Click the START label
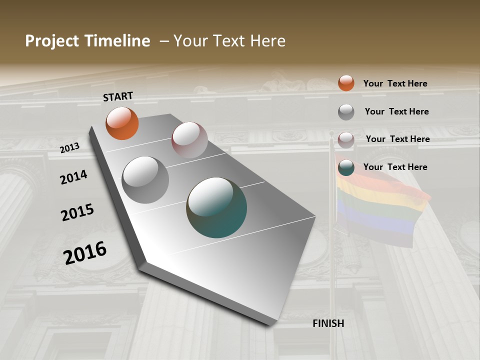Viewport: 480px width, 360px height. click(x=118, y=96)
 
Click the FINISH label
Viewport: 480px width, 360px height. click(x=328, y=323)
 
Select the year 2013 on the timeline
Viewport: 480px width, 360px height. click(x=69, y=147)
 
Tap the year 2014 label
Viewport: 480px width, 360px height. click(x=73, y=177)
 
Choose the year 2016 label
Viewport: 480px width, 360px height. click(x=85, y=253)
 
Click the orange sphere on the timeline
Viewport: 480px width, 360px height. click(x=122, y=123)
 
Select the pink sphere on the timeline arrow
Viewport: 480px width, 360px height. click(x=189, y=140)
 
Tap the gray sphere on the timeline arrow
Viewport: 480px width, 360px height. click(x=145, y=180)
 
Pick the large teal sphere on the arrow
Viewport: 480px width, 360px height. click(x=216, y=207)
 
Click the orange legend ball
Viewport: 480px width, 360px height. click(x=346, y=83)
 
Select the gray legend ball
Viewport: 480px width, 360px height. click(x=346, y=112)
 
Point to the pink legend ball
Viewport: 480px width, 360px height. click(x=346, y=140)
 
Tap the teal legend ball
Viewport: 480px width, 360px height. click(x=346, y=167)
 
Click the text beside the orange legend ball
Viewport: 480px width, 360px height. click(x=395, y=83)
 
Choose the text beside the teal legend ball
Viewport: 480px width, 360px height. click(x=395, y=167)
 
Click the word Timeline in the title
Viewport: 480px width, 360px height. click(x=117, y=41)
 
